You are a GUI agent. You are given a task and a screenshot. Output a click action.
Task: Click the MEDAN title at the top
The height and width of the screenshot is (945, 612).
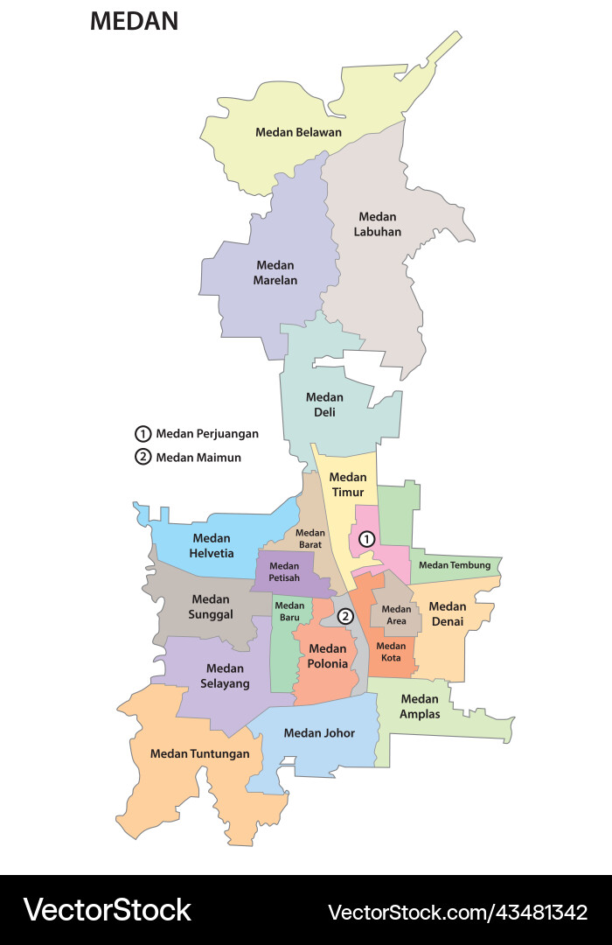(x=134, y=22)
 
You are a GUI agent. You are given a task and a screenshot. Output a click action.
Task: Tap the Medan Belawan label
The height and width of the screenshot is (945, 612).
(x=298, y=132)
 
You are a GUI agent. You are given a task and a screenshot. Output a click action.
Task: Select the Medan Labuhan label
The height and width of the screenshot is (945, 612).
(x=378, y=224)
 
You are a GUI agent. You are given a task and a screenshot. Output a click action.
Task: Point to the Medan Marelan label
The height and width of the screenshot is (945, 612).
(x=275, y=272)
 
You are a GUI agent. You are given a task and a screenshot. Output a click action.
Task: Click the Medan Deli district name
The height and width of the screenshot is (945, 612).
(x=324, y=404)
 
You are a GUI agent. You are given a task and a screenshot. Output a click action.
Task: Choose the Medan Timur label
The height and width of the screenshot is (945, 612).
(x=348, y=484)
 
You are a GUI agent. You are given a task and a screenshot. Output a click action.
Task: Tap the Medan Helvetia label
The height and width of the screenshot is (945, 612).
(x=212, y=545)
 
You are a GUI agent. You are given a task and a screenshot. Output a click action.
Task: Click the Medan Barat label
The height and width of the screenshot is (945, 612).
(x=309, y=538)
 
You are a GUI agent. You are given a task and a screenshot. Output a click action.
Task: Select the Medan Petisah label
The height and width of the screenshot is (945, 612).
(x=284, y=571)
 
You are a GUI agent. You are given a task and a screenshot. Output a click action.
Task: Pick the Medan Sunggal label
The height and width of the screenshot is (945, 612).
(x=211, y=606)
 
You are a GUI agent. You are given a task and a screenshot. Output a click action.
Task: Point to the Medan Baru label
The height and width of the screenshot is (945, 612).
(x=289, y=611)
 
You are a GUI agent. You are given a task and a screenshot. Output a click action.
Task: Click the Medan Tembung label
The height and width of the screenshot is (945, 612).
(x=455, y=565)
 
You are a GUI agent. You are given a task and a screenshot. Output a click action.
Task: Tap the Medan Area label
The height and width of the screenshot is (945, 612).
(x=396, y=614)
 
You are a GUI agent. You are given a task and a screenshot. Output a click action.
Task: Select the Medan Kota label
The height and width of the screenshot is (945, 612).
(x=391, y=651)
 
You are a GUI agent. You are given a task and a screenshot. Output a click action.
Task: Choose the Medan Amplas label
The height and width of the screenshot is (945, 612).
(x=420, y=705)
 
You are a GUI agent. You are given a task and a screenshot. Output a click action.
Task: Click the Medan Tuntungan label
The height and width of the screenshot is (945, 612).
(x=199, y=753)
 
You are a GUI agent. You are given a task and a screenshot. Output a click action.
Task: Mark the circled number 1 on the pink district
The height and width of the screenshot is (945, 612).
(x=367, y=538)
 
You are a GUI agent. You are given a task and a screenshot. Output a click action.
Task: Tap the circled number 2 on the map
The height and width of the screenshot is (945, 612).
(x=345, y=616)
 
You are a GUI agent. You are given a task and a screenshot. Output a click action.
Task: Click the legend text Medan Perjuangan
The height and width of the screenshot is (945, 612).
(x=207, y=433)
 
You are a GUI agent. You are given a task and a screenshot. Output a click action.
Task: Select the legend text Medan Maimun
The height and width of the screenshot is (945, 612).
(x=198, y=457)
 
